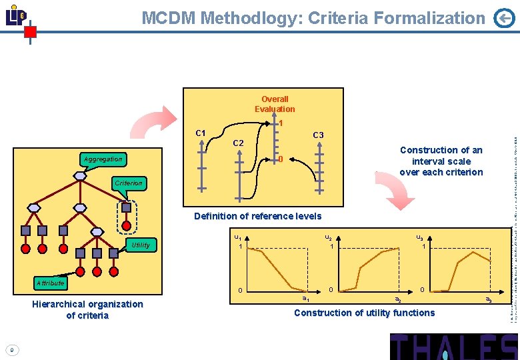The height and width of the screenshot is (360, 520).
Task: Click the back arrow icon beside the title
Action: [x=504, y=19]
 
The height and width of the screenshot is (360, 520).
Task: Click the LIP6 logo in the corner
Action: [x=16, y=17]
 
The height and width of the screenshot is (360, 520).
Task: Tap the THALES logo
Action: [x=454, y=347]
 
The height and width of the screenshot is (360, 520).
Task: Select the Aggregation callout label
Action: [x=103, y=159]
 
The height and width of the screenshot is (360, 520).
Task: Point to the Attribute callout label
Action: [x=50, y=283]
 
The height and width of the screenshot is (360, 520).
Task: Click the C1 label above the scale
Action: [x=200, y=133]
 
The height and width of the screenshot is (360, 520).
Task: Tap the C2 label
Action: [x=238, y=143]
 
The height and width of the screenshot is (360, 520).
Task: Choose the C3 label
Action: [x=318, y=135]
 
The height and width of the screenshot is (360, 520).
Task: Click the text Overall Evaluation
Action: [x=275, y=104]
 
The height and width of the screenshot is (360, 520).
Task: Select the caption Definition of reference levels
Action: [x=257, y=216]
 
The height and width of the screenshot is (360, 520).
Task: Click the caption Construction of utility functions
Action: [x=364, y=313]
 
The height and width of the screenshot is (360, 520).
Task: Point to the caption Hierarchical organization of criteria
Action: [x=87, y=309]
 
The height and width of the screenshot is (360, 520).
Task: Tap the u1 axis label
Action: [x=237, y=237]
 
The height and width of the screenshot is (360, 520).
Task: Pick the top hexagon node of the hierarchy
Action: [x=80, y=176]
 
